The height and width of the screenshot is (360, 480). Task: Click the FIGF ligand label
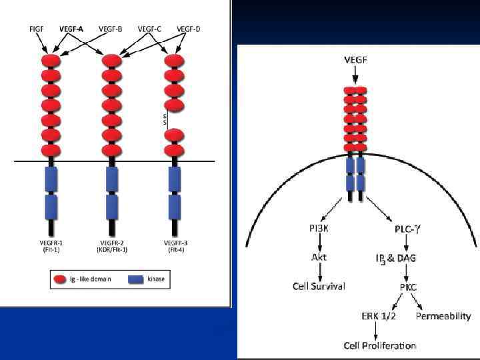[x=37, y=29]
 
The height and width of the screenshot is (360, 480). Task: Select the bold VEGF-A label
[x=72, y=29]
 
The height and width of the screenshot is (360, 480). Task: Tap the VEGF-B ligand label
[x=110, y=29]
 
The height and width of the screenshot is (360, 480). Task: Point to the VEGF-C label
[x=150, y=29]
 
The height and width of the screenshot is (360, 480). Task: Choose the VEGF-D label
[x=189, y=29]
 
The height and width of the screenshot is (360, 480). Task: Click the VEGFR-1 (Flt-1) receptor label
[x=52, y=246]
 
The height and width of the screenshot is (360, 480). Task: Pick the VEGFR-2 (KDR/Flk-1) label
[x=113, y=246]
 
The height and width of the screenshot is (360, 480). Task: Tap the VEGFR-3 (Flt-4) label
[x=174, y=246]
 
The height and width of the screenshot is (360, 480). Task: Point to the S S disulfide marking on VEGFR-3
[x=165, y=119]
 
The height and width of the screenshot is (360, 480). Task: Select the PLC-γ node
[x=407, y=229]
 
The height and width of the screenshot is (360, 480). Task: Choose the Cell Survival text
[x=319, y=286]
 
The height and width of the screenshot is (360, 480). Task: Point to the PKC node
[x=408, y=287]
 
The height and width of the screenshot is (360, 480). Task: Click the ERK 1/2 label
[x=378, y=316]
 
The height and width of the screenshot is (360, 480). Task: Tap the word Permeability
[x=443, y=316]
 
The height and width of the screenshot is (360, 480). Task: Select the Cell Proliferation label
[x=379, y=345]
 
